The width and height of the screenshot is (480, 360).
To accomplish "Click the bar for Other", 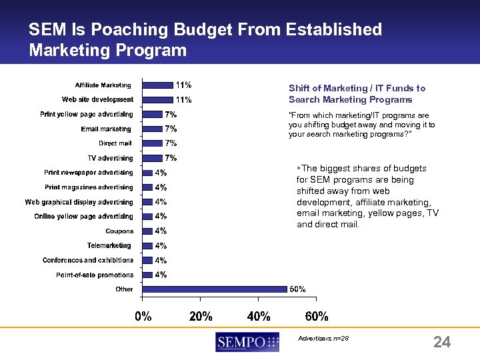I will (215, 289).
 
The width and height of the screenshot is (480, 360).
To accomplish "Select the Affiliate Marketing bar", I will (158, 85).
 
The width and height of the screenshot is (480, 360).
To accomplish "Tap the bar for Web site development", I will (158, 99).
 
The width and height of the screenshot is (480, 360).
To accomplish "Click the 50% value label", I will (297, 289).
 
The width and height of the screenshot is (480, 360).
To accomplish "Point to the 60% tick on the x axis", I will (316, 316).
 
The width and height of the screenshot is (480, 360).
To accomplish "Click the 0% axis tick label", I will (143, 316).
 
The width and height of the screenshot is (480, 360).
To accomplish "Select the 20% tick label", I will (201, 316).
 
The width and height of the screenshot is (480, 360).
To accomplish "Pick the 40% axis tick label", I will (259, 316).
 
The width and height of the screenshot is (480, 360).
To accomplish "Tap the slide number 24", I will (442, 343).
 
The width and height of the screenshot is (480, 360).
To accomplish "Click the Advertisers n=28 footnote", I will (323, 338).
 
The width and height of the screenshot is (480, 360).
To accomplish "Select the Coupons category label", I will (120, 231).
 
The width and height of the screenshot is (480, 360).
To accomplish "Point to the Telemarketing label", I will (109, 246).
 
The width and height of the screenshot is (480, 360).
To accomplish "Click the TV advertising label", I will (110, 158).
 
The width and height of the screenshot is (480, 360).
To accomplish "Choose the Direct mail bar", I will (153, 143).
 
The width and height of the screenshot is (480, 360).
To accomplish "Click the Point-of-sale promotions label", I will (95, 275).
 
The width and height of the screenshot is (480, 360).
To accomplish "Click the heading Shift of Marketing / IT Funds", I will (357, 88).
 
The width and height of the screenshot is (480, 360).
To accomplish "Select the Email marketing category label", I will (106, 129).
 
